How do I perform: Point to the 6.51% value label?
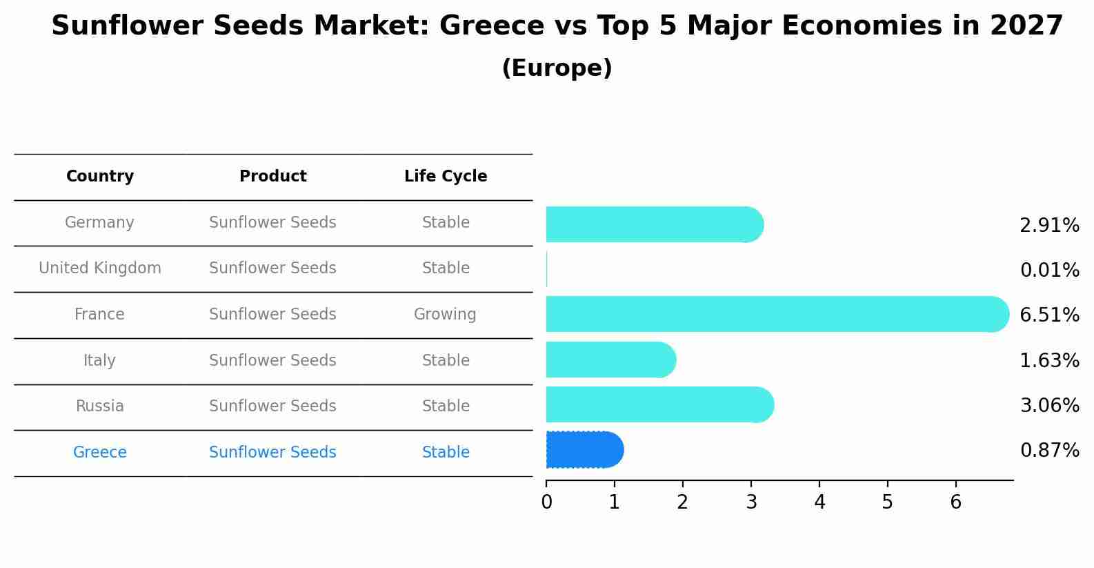(1049, 315)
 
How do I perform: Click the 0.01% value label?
(1049, 271)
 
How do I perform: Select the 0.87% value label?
(1049, 451)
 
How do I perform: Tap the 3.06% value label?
(1049, 405)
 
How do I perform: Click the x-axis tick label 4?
(819, 502)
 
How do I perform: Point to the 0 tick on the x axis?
(546, 502)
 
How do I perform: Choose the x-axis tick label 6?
(955, 502)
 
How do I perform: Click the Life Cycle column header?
(446, 177)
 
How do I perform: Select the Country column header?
(100, 177)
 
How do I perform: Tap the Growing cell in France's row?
(445, 315)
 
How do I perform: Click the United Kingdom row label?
(100, 268)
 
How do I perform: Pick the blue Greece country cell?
(100, 453)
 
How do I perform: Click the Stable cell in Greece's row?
(446, 453)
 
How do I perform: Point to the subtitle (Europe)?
(557, 68)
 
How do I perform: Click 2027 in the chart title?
(1026, 26)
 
